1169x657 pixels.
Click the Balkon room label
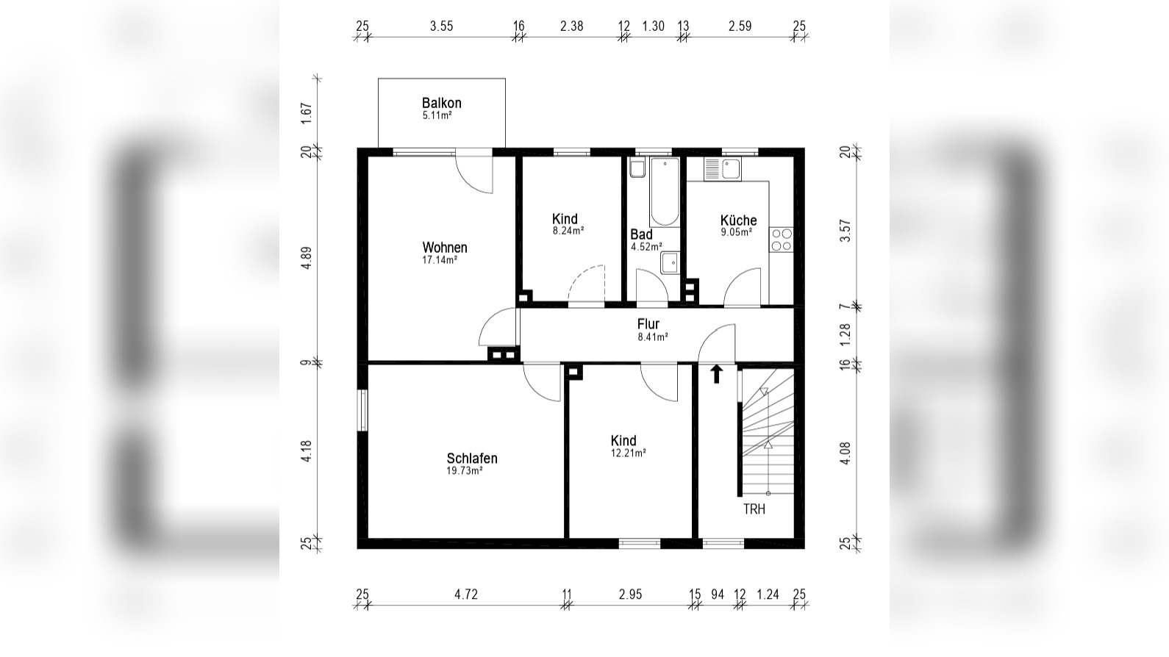coord(442,104)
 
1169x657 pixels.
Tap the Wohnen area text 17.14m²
coord(440,260)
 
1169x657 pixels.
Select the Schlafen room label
coord(472,458)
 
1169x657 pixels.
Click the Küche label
coord(738,220)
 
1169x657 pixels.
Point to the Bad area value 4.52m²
coord(646,247)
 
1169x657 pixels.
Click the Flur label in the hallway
coord(648,324)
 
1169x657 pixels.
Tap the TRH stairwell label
coord(754,509)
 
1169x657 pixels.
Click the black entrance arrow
coord(717,374)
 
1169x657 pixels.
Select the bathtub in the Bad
coord(665,192)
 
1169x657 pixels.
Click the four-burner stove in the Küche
coord(782,240)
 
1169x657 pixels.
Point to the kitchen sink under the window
coord(723,169)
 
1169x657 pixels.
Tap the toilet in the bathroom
coord(637,168)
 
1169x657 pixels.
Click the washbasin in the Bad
coord(670,262)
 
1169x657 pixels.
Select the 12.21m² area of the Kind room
coord(629,453)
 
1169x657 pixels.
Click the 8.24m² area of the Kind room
coord(568,230)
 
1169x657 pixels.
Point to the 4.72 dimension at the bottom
coord(466,595)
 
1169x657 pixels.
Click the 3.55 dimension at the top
coord(442,26)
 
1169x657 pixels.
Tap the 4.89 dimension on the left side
coord(307,257)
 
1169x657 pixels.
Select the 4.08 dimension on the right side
coord(846,453)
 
